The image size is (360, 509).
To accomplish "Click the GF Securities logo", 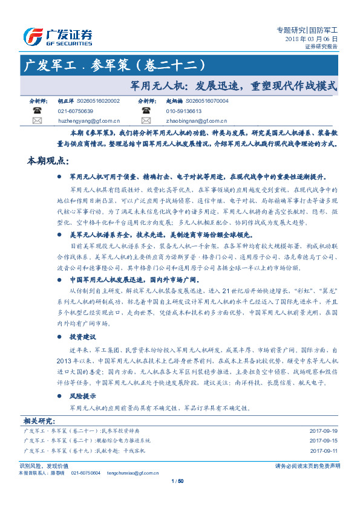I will click(57, 36).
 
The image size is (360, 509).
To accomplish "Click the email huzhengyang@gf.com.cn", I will click(88, 121).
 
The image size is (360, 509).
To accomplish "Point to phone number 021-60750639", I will click(75, 111).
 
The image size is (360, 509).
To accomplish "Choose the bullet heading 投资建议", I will click(83, 336).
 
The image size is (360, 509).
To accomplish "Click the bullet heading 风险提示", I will click(83, 397).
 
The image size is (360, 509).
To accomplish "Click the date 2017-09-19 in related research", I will click(323, 430).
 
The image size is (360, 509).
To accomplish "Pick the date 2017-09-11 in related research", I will click(323, 450).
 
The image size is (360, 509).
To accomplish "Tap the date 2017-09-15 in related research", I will click(323, 441).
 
